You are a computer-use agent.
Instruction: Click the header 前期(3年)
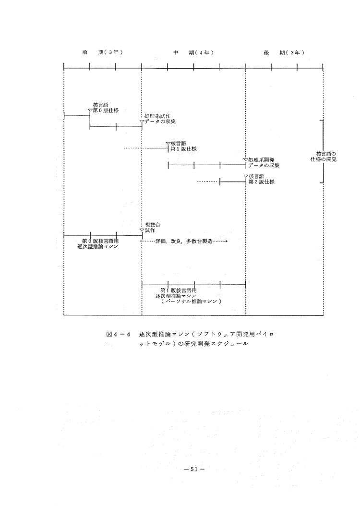103,52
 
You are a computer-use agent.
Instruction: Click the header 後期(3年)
284,52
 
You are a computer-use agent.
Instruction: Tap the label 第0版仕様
106,110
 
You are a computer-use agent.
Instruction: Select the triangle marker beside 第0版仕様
90,110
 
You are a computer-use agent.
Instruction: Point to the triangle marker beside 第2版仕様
245,177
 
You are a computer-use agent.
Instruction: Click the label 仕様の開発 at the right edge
323,159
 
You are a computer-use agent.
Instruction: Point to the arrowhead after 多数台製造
225,241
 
